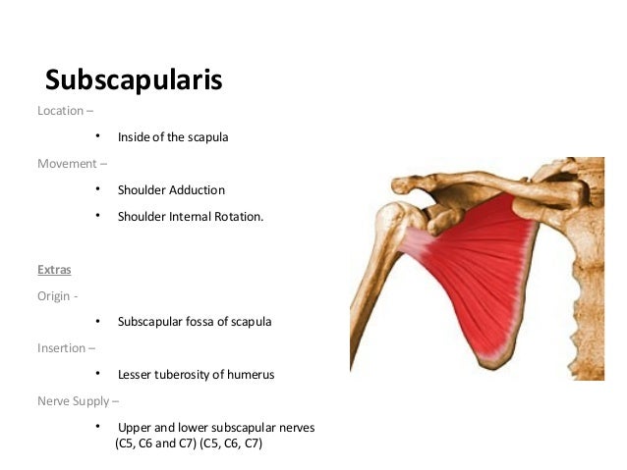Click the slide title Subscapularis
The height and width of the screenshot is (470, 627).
(x=134, y=79)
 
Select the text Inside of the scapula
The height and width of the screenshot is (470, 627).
(x=173, y=137)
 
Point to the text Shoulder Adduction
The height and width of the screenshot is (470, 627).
(x=171, y=189)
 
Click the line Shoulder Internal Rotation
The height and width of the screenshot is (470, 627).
(x=191, y=216)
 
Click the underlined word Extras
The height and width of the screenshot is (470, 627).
(x=54, y=268)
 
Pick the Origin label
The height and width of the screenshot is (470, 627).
(x=57, y=295)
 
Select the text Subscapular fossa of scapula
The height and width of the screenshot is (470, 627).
(x=195, y=322)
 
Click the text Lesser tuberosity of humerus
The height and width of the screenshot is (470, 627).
(x=196, y=375)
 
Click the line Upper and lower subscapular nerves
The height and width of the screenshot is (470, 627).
(x=216, y=428)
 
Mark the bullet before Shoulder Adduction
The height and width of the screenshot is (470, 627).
(x=98, y=189)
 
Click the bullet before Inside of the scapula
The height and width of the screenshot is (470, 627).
(x=98, y=137)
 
